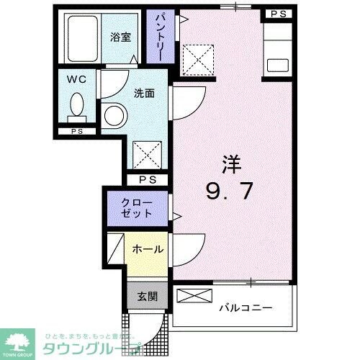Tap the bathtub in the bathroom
pos(84,40)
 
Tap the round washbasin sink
pos(113,114)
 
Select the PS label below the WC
pos(76,132)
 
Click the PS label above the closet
pos(148,180)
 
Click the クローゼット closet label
pos(137,207)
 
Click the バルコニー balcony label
pos(246,307)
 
